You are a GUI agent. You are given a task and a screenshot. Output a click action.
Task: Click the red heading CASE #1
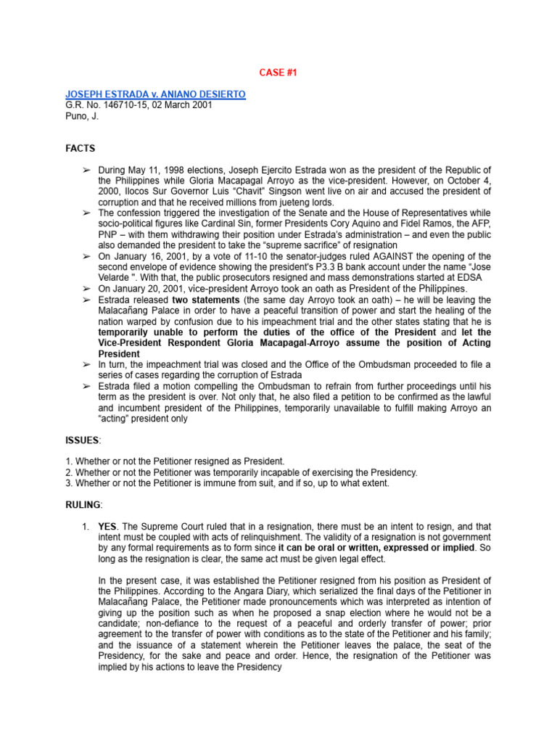pos(278,73)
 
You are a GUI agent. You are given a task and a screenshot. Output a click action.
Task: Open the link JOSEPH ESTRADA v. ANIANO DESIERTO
pos(155,94)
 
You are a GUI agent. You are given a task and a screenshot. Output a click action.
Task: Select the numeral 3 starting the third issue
pos(67,483)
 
